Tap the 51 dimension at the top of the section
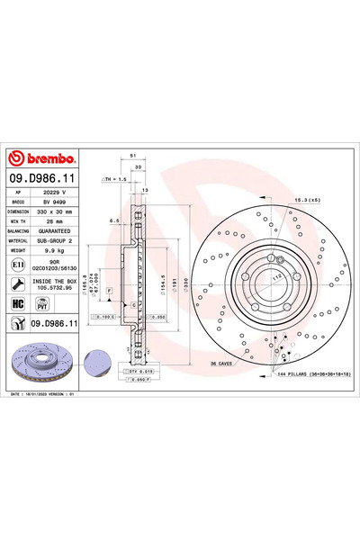132,154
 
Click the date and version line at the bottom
47,393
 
